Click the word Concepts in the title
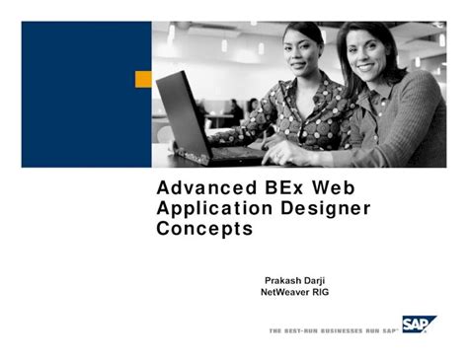tap(204, 230)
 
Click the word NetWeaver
tap(288, 293)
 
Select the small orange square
tap(143, 79)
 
